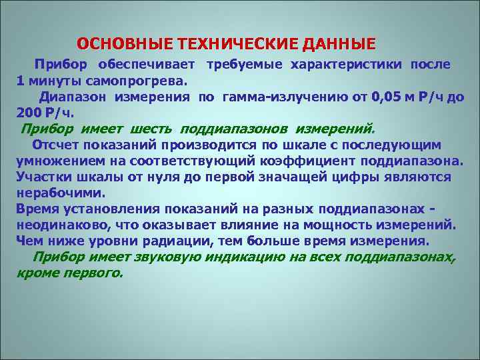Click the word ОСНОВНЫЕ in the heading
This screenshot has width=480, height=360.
click(122, 45)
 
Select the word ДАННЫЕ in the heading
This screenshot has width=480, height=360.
click(340, 45)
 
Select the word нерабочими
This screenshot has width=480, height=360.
click(61, 193)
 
